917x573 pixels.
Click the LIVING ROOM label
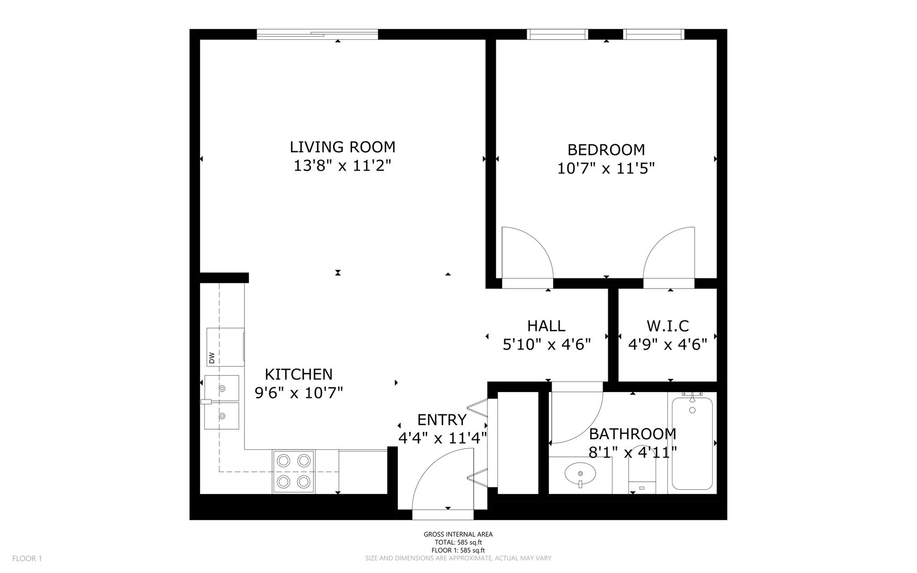(x=343, y=147)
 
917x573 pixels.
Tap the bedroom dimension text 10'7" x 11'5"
(x=606, y=169)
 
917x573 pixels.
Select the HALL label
(x=546, y=325)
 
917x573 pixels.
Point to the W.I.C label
(x=668, y=325)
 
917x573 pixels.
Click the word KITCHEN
(x=299, y=374)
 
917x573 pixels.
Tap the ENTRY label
(x=442, y=420)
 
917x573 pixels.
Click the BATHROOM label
(x=633, y=434)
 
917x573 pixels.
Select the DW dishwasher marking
(x=212, y=358)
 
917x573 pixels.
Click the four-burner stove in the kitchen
(x=294, y=472)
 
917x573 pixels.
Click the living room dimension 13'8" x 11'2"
(x=343, y=166)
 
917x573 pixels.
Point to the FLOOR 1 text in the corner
(x=27, y=558)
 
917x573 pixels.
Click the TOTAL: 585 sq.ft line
(x=458, y=542)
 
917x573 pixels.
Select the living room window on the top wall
(x=317, y=34)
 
